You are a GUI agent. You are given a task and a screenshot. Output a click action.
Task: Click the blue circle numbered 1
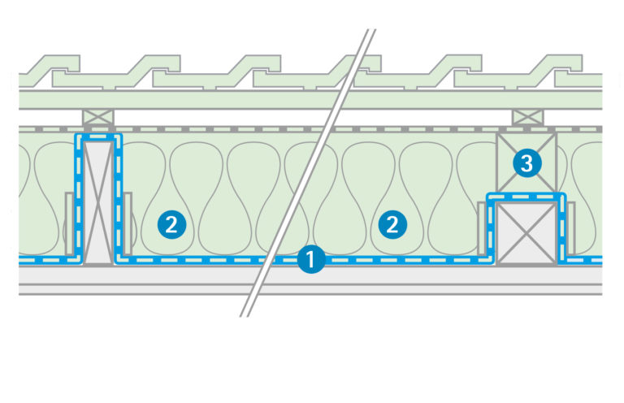pos(311,259)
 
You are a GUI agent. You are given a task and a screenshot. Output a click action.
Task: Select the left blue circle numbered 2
pos(171,225)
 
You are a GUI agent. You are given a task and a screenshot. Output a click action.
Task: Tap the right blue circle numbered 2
pos(392,225)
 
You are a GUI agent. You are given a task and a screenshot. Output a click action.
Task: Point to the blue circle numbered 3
pos(527,163)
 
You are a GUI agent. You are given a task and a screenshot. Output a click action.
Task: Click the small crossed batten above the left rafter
pos(98,117)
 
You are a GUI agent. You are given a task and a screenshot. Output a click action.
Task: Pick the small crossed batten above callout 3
pos(528,117)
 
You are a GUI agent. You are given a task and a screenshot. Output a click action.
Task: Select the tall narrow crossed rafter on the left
pos(98,201)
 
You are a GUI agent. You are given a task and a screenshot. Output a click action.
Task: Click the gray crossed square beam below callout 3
pos(526,232)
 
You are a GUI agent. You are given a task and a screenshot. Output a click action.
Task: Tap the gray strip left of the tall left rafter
pos(69,223)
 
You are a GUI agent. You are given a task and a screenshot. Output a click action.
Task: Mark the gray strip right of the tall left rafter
pos(128,223)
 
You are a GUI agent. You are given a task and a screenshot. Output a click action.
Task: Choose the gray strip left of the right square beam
pos(482,228)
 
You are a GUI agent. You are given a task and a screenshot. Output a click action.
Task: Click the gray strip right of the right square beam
pos(571,228)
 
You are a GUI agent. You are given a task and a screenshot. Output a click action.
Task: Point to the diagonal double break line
pos(308,173)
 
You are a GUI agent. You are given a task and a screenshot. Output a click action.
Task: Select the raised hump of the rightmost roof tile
pos(562,63)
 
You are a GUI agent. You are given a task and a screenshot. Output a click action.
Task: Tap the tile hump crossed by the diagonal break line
pos(361,63)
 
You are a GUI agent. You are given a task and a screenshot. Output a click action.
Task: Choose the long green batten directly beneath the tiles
pos(310,99)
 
